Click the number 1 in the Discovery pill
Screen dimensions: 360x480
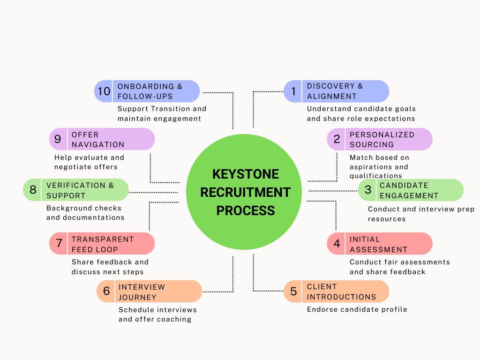click(x=293, y=91)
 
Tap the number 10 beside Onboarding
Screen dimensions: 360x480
click(x=104, y=91)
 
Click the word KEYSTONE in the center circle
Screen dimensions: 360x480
click(x=245, y=174)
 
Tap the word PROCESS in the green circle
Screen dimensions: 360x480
click(x=245, y=210)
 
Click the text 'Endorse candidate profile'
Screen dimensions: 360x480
click(x=357, y=309)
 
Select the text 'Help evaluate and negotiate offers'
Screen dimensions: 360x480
click(x=89, y=162)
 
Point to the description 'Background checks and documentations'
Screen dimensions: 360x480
click(x=85, y=213)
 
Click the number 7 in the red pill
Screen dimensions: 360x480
click(x=59, y=244)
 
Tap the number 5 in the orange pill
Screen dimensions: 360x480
click(x=293, y=292)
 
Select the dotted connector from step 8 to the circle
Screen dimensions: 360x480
click(x=153, y=192)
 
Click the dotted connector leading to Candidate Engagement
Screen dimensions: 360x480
click(x=333, y=191)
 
